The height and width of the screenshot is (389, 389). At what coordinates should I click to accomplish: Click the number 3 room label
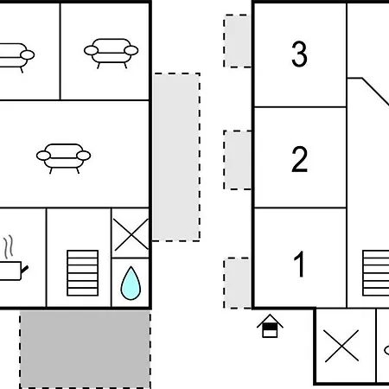(299, 54)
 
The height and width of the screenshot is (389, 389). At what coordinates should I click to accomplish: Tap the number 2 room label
(299, 159)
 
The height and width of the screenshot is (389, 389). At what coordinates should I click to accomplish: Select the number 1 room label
(299, 264)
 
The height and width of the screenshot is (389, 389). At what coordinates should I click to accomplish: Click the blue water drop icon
(131, 284)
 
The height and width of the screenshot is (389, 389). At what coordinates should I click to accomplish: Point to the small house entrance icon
(270, 326)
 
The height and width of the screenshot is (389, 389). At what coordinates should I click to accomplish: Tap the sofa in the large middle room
(63, 158)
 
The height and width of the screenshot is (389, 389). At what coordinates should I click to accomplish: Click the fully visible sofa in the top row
(111, 54)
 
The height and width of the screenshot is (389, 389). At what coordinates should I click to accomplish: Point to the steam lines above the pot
(9, 246)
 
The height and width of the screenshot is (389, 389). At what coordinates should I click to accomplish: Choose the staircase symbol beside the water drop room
(83, 273)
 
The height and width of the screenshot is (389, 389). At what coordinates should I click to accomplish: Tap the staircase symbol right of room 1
(376, 273)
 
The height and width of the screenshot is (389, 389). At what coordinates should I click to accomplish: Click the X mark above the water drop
(131, 234)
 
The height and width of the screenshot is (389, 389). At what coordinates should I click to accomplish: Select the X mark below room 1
(341, 346)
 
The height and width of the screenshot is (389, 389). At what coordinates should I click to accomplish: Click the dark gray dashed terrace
(86, 349)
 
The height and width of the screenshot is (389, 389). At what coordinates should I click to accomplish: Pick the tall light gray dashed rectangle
(176, 157)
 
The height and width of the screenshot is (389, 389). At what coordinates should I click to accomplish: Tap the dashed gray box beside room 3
(237, 41)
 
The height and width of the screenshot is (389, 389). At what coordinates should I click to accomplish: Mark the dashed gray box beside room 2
(237, 160)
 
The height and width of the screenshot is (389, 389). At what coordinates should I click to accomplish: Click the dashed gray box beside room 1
(237, 283)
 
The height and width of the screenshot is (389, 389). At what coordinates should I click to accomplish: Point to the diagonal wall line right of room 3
(375, 92)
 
